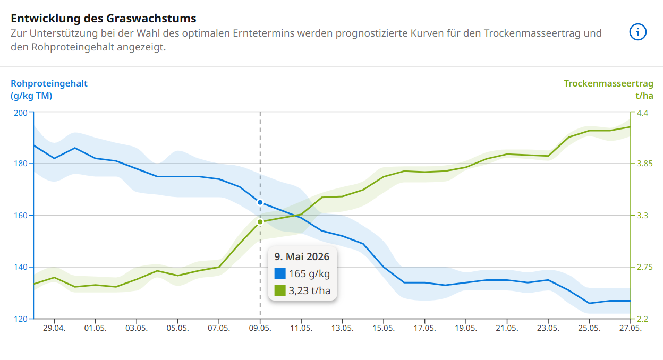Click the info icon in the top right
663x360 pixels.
coord(637,32)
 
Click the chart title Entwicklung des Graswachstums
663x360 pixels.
coord(104,19)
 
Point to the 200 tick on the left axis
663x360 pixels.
coord(21,113)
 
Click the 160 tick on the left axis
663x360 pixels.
coord(21,216)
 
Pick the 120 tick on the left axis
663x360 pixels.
coord(21,319)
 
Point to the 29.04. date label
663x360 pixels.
coord(55,329)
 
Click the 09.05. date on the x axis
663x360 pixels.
coord(260,329)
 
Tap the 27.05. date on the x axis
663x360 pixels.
coord(631,329)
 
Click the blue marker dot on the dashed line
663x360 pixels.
coord(260,202)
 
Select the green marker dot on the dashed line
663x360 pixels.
coord(260,222)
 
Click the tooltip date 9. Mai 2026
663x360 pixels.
coord(302,256)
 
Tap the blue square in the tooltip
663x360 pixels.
coord(280,274)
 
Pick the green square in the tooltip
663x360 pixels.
coord(280,290)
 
